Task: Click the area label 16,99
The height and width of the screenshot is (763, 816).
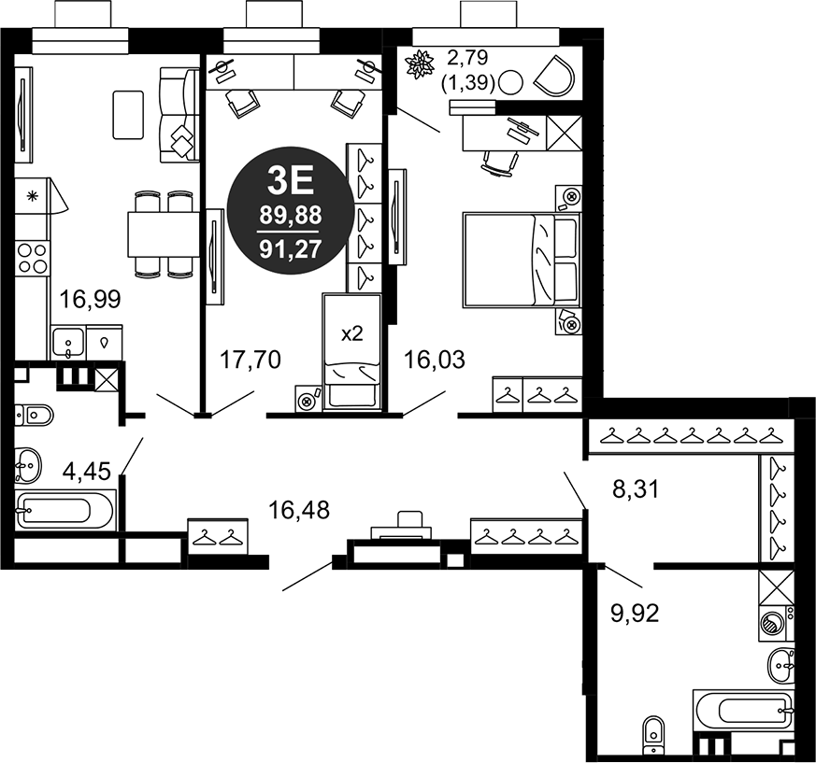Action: pos(84,299)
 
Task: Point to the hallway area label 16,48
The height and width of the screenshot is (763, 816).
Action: pos(298,510)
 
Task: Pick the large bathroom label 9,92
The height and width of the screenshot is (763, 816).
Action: pos(636,614)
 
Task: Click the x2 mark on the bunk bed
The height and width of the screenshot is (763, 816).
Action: pos(351,334)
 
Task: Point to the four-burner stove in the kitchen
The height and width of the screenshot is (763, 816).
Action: pos(33,257)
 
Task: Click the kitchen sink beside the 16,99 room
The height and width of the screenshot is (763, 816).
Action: pos(66,343)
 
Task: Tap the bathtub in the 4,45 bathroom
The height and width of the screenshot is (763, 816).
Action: pos(64,511)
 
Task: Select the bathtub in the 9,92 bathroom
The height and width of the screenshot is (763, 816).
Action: pos(743,712)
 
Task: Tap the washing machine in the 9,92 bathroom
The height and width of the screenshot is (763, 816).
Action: pos(775,623)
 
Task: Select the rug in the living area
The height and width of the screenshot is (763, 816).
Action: pos(128,114)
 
